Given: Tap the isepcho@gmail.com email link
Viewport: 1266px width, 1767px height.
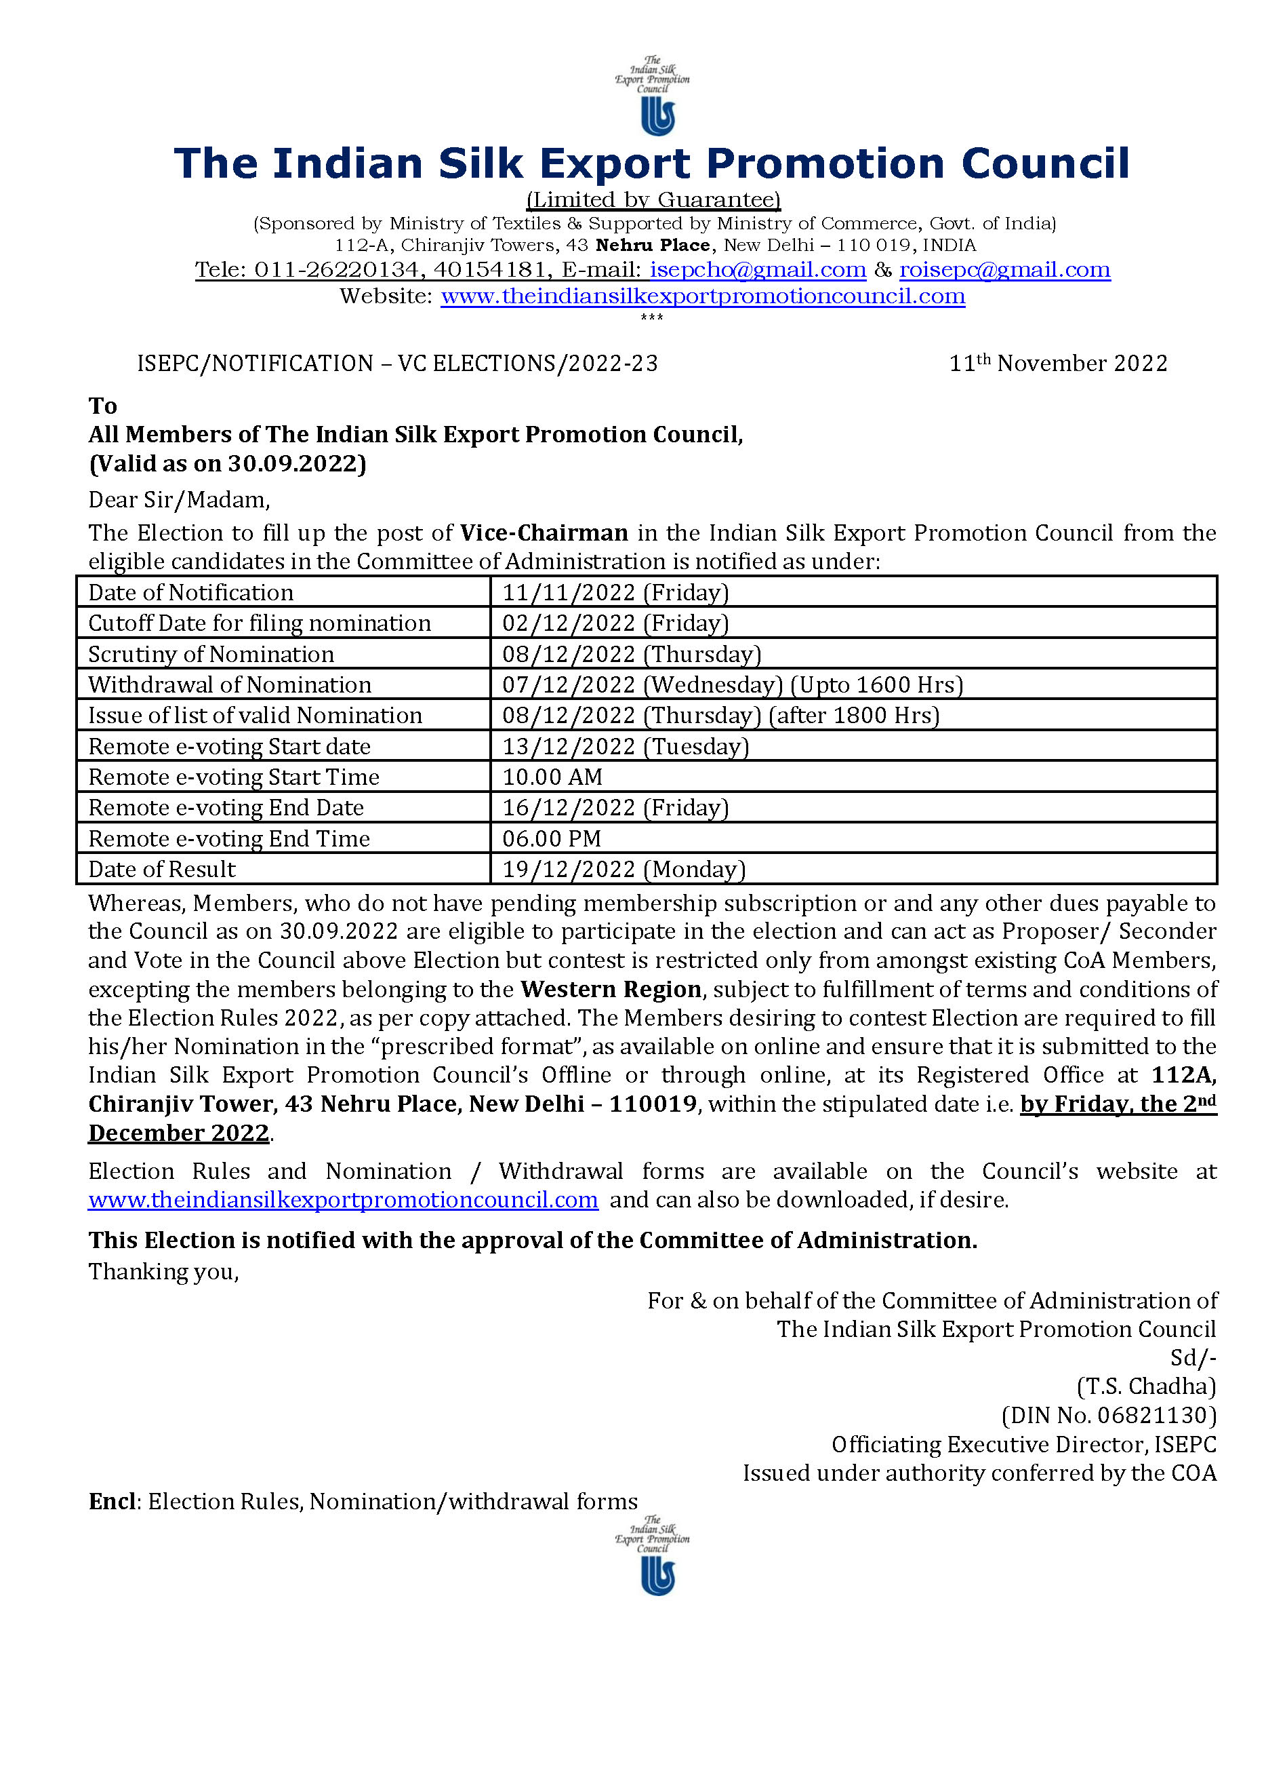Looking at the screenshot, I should [757, 269].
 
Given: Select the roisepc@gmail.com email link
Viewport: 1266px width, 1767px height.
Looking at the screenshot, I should [1004, 269].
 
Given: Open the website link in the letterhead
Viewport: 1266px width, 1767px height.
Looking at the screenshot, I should [702, 296].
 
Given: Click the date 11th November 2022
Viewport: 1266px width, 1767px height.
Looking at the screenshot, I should [1057, 363].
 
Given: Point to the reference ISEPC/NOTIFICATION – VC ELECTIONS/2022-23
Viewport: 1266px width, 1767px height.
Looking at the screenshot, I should [397, 363].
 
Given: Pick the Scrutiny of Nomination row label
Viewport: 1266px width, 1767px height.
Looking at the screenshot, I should [211, 654].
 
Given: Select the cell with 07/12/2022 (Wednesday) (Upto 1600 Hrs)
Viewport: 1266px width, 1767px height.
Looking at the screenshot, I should [732, 684].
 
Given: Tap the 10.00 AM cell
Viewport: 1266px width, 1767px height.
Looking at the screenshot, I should [552, 777].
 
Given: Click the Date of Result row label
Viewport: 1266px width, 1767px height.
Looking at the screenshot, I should [162, 869].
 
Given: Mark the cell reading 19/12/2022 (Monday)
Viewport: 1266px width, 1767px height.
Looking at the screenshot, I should [623, 869].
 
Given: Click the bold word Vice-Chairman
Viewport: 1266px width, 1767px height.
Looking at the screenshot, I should [544, 533].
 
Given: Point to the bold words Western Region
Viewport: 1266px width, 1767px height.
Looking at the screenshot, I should [611, 989].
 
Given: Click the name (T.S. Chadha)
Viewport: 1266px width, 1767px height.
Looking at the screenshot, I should [1145, 1386].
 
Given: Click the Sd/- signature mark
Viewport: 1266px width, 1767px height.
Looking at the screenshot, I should [1193, 1358].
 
